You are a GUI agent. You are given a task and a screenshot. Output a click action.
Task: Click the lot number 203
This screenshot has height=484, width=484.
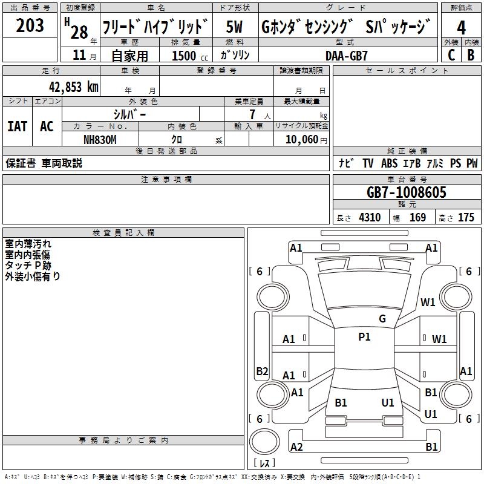30,25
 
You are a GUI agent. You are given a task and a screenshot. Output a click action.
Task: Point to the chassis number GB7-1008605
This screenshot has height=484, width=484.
407,193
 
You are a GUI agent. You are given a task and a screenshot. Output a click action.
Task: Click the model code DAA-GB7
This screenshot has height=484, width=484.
346,55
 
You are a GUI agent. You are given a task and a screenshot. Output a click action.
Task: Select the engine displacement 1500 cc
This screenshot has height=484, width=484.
184,56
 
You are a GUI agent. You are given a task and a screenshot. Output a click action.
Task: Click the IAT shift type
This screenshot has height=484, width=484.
18,126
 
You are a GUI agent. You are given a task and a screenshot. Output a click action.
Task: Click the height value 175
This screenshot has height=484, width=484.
466,218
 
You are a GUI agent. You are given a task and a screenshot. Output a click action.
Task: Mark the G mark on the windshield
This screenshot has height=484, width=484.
382,319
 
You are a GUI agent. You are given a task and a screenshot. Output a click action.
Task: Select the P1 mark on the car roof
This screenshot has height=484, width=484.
364,337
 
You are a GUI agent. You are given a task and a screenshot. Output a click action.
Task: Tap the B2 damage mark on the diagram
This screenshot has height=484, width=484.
262,371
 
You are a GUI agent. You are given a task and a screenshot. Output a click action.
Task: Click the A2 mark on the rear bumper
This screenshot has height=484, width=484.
296,447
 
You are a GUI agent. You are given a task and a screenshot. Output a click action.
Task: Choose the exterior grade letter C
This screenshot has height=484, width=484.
451,55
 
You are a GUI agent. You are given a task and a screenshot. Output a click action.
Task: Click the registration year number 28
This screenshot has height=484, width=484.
79,32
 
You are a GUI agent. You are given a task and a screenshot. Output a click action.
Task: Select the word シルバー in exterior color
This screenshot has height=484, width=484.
129,114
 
